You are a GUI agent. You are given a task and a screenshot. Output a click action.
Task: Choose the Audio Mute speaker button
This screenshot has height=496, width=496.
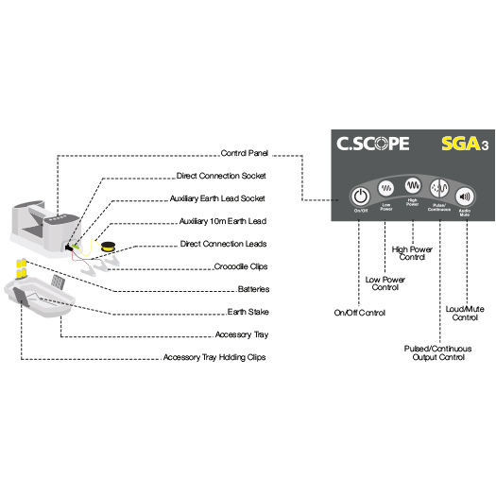[x=465, y=196]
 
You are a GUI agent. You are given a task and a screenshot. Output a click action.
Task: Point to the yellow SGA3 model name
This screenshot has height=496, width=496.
[x=460, y=146]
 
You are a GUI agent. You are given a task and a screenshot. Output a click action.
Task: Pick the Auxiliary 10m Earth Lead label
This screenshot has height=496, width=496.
[x=223, y=221]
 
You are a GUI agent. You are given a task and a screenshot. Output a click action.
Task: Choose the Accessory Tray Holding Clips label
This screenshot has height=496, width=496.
[x=214, y=357]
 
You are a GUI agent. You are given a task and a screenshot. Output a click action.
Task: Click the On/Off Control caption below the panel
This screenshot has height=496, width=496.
[x=360, y=312]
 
